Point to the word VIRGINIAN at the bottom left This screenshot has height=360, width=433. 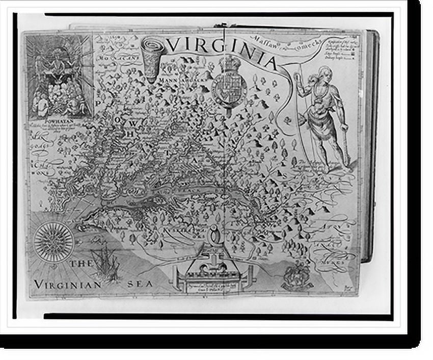[x=68, y=284]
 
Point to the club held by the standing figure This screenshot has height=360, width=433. [x=346, y=148]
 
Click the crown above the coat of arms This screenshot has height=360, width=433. [x=229, y=64]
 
